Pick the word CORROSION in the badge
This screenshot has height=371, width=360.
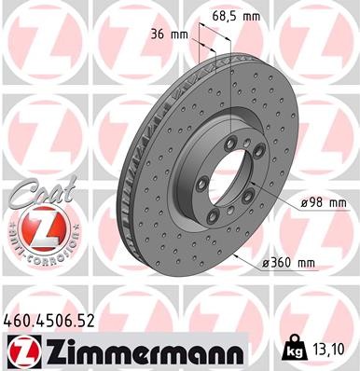[47, 252]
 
